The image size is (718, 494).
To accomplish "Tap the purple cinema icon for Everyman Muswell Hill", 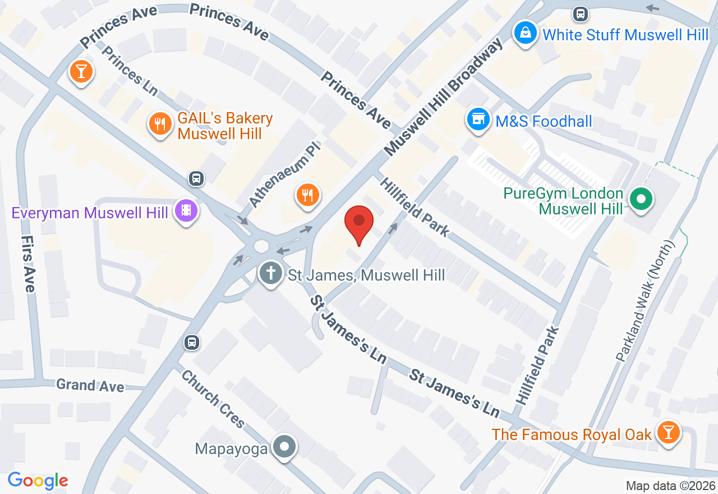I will pyautogui.click(x=186, y=211).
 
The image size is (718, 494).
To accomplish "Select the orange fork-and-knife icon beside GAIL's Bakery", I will pyautogui.click(x=160, y=124).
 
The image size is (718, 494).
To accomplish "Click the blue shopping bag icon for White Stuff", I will pyautogui.click(x=525, y=33).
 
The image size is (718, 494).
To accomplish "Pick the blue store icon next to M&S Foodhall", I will pyautogui.click(x=478, y=119).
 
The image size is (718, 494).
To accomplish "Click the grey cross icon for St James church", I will pyautogui.click(x=271, y=274).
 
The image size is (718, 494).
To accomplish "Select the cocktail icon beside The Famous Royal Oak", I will pyautogui.click(x=668, y=432).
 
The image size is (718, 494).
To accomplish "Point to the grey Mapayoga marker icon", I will pyautogui.click(x=284, y=447).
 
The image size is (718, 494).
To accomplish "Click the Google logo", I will pyautogui.click(x=38, y=481).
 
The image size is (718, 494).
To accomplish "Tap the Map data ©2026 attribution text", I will pyautogui.click(x=670, y=486).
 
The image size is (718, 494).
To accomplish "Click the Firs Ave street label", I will pyautogui.click(x=27, y=263).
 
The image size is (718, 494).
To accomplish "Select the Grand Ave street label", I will pyautogui.click(x=90, y=386).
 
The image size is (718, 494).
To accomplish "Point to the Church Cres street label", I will pyautogui.click(x=213, y=399).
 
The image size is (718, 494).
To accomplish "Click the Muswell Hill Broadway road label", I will pyautogui.click(x=443, y=99).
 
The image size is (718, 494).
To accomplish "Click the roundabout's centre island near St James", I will pyautogui.click(x=261, y=246).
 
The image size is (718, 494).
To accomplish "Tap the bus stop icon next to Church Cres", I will pyautogui.click(x=192, y=342).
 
